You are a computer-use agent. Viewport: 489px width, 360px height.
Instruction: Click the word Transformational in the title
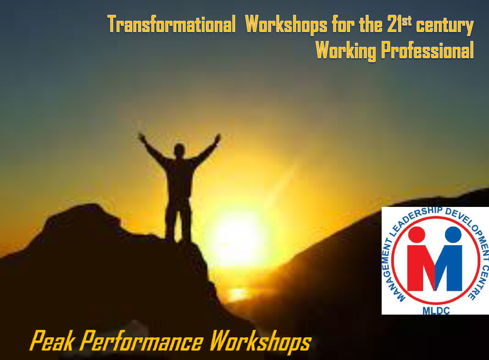[x=171, y=24]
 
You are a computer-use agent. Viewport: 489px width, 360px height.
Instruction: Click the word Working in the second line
[x=346, y=51]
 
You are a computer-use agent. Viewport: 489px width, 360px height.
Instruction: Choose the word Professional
[x=427, y=50]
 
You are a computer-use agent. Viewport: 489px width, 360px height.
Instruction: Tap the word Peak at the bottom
[x=53, y=341]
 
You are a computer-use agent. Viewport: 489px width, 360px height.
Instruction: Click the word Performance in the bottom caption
[x=142, y=341]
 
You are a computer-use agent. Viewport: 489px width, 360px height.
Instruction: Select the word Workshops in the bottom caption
[x=261, y=342]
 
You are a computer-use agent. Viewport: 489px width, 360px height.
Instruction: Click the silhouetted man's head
[x=179, y=150]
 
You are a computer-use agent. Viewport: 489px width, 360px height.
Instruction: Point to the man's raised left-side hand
[x=142, y=137]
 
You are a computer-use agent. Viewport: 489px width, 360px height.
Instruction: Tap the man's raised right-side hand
[x=217, y=138]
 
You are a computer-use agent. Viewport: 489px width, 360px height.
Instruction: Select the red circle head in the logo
[x=417, y=235]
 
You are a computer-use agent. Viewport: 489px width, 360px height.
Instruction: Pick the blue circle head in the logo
[x=453, y=235]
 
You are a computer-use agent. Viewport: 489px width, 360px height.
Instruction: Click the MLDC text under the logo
[x=436, y=311]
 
